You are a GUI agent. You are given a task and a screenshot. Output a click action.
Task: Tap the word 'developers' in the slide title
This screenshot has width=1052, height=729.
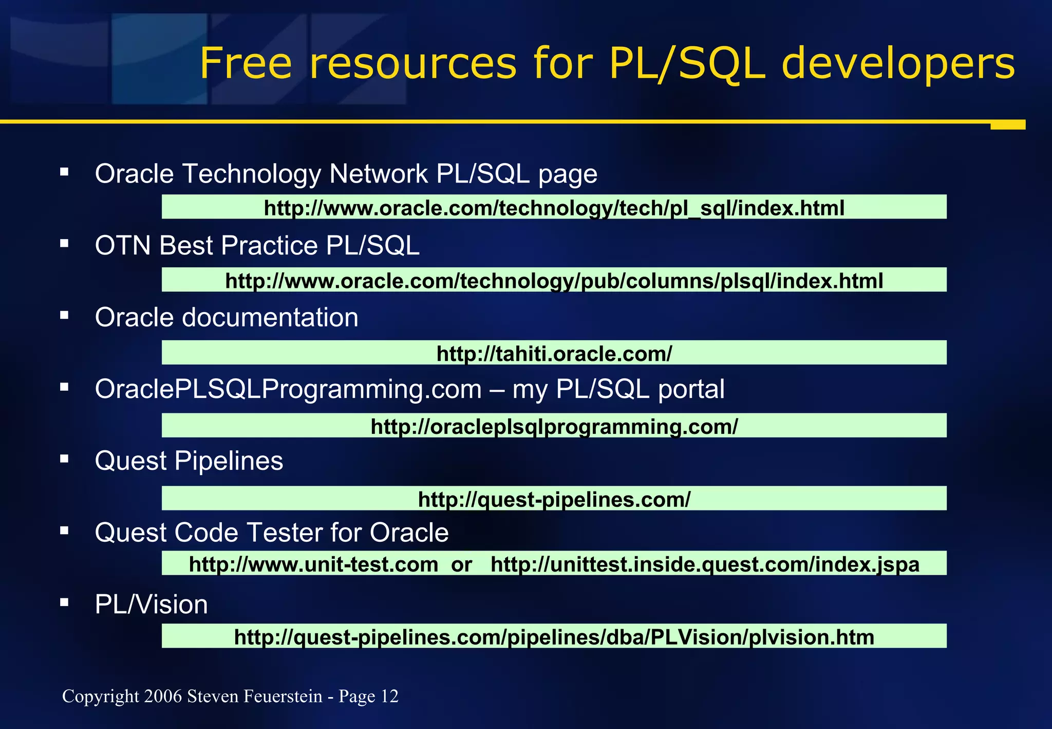point(898,64)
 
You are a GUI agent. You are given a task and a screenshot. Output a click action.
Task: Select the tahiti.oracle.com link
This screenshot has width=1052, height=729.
point(554,353)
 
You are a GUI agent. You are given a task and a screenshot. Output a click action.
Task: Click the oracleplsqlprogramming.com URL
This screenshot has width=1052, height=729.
point(554,426)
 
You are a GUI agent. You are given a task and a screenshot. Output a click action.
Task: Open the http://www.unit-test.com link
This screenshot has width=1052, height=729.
point(313,564)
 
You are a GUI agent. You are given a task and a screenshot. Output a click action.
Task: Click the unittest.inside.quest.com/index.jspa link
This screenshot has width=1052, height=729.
point(705,564)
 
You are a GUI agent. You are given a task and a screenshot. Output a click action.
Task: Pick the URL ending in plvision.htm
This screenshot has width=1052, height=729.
point(554,637)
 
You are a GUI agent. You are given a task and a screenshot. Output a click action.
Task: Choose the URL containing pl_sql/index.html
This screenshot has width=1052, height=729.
point(554,208)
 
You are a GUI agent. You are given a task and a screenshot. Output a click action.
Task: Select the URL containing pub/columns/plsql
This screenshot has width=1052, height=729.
point(554,281)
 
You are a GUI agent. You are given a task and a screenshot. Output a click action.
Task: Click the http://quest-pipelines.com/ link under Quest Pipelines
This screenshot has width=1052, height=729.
point(554,499)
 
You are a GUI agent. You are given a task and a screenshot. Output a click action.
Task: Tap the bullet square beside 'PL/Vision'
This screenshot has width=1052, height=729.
point(64,602)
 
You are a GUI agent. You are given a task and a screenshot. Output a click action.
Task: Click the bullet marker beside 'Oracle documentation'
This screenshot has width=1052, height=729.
point(64,315)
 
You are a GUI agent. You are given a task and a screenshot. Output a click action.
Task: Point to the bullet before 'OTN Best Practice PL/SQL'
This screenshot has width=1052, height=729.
point(64,243)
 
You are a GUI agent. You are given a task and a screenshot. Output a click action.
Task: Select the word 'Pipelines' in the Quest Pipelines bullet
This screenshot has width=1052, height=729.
point(229,461)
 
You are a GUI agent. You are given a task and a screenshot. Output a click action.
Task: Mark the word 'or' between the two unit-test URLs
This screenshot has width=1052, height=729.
point(461,564)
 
